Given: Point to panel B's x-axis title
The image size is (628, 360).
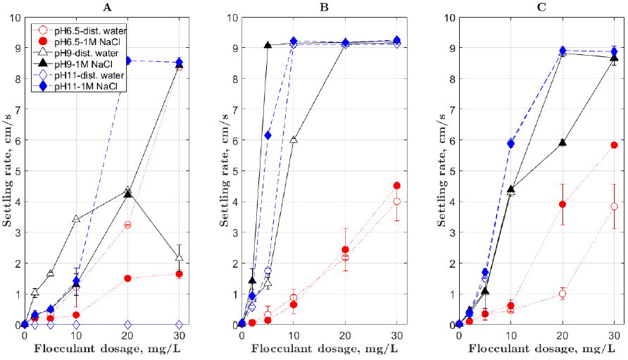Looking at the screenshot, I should pyautogui.click(x=320, y=349).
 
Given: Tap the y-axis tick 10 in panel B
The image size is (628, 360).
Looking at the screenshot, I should pyautogui.click(x=230, y=17).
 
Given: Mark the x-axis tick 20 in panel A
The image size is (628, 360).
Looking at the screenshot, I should pyautogui.click(x=127, y=335).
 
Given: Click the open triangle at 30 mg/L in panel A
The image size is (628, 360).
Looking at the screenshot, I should pyautogui.click(x=180, y=256).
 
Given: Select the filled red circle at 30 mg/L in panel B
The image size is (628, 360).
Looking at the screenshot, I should pyautogui.click(x=397, y=186).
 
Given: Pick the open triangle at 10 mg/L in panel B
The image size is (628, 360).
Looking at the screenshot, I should pyautogui.click(x=294, y=139).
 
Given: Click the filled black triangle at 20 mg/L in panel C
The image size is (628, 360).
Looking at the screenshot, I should pyautogui.click(x=563, y=142).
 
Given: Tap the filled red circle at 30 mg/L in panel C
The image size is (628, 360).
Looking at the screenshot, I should pyautogui.click(x=614, y=145).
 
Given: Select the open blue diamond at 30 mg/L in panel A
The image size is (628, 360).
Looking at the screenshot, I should pyautogui.click(x=180, y=325).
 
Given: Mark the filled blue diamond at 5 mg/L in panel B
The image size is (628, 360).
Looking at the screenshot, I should pyautogui.click(x=268, y=135).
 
